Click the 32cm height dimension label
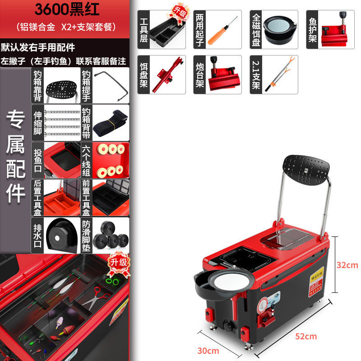coord(347,265)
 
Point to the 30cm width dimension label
coord(208,351)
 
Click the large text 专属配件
coord(15,156)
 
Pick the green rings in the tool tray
coord(112,281)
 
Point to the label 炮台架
coord(200,74)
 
